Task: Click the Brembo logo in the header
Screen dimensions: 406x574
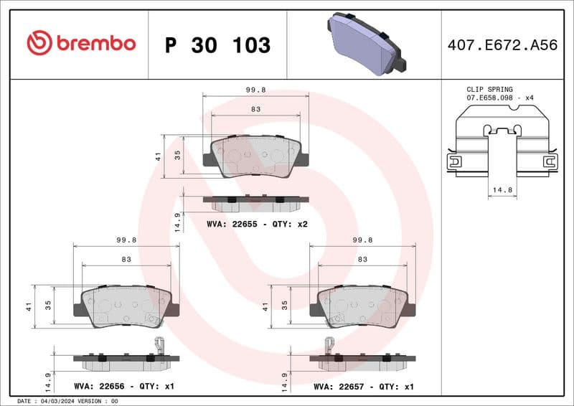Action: coord(81,44)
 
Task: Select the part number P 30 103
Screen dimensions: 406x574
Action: coord(217,45)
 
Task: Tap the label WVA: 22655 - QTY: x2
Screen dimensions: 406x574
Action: coord(257,224)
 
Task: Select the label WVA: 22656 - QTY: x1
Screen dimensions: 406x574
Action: coord(123,386)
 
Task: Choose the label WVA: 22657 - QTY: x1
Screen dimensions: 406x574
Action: coord(364,386)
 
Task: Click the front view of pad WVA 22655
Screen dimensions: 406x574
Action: coord(256,156)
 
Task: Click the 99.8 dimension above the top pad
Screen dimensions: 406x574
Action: coord(256,90)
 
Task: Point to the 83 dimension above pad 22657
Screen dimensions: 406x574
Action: coord(362,259)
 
